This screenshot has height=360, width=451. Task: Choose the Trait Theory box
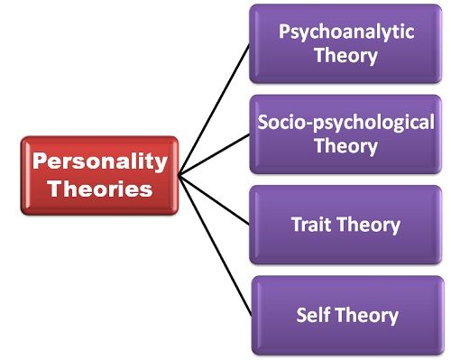(x=346, y=225)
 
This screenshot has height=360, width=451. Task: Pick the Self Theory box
(x=346, y=315)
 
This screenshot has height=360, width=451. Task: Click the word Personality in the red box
(x=100, y=163)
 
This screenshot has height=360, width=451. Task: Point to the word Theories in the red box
(x=100, y=189)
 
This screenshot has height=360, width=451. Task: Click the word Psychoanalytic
(x=346, y=32)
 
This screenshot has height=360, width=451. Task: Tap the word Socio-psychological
(x=346, y=123)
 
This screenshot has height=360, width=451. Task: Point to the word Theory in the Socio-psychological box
(x=346, y=144)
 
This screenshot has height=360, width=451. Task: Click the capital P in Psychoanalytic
(x=285, y=32)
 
